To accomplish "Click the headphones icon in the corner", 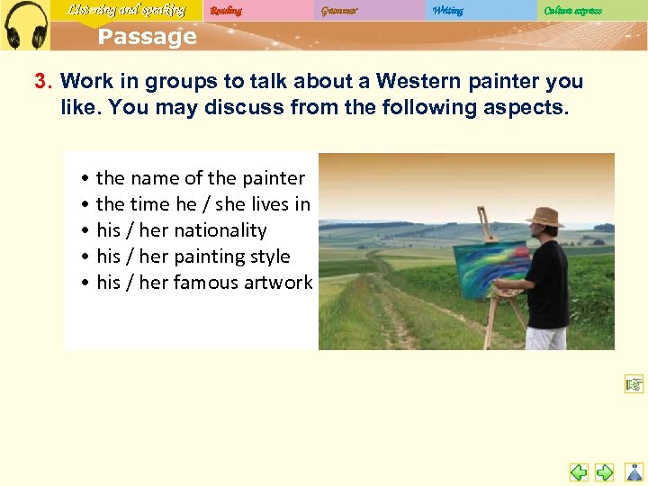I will click(25, 24).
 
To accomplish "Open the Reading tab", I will click(226, 11).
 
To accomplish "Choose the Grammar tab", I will click(338, 11).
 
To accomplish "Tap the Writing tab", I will click(448, 11).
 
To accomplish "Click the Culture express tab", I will click(572, 11).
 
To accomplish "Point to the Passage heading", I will click(147, 37).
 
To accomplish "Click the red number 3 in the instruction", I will click(40, 81).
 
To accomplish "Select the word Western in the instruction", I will click(412, 81).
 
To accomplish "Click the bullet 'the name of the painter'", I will click(200, 178).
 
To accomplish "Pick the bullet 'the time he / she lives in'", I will click(202, 204).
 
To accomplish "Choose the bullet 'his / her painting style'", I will click(193, 256).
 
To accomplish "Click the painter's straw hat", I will click(544, 217).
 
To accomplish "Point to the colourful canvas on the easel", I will click(491, 268).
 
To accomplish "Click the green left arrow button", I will click(579, 472).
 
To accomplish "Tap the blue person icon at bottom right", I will click(634, 471).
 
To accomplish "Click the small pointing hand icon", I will click(634, 385).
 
